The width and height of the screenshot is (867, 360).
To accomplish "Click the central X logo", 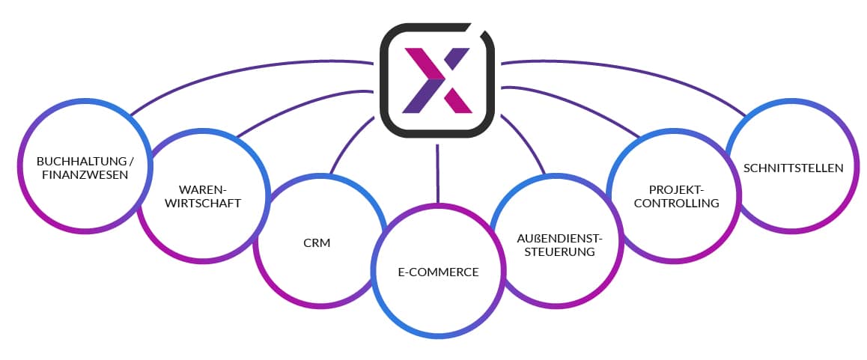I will pos(437,80).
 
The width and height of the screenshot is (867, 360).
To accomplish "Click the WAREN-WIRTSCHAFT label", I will pos(202,195).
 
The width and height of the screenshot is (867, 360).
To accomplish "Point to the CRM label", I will pos(318,242).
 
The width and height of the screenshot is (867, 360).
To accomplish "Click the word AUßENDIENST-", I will pos(559,238).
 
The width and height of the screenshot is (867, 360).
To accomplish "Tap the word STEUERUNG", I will pos(559,252).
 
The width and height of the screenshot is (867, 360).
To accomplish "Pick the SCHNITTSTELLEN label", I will pos(793,168).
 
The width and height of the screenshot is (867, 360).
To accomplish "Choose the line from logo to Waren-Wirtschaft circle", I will pos(299,105).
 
